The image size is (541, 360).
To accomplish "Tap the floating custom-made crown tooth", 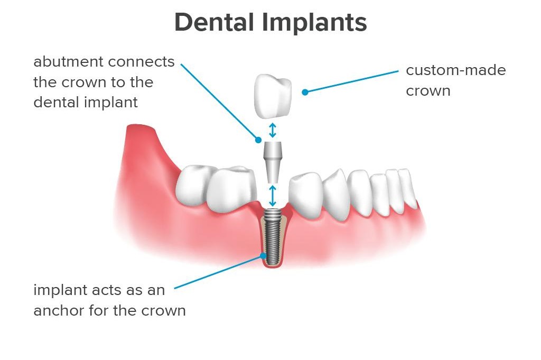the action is tap(273, 97).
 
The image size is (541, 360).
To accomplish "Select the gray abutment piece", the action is tap(273, 162).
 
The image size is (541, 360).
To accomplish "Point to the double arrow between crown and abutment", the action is tap(273, 130).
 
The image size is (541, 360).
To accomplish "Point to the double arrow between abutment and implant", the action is tap(273, 196).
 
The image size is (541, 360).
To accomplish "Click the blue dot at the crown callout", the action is tap(305, 92).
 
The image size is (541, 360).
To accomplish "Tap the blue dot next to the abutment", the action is tap(258, 140).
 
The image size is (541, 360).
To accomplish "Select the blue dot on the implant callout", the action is tap(263, 256).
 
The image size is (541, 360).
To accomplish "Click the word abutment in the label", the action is tap(68, 62).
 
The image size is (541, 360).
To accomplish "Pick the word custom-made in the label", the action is tap(456, 70).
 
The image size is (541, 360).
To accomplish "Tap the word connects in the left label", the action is tap(141, 62).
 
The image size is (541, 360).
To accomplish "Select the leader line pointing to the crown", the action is tap(351, 81).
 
